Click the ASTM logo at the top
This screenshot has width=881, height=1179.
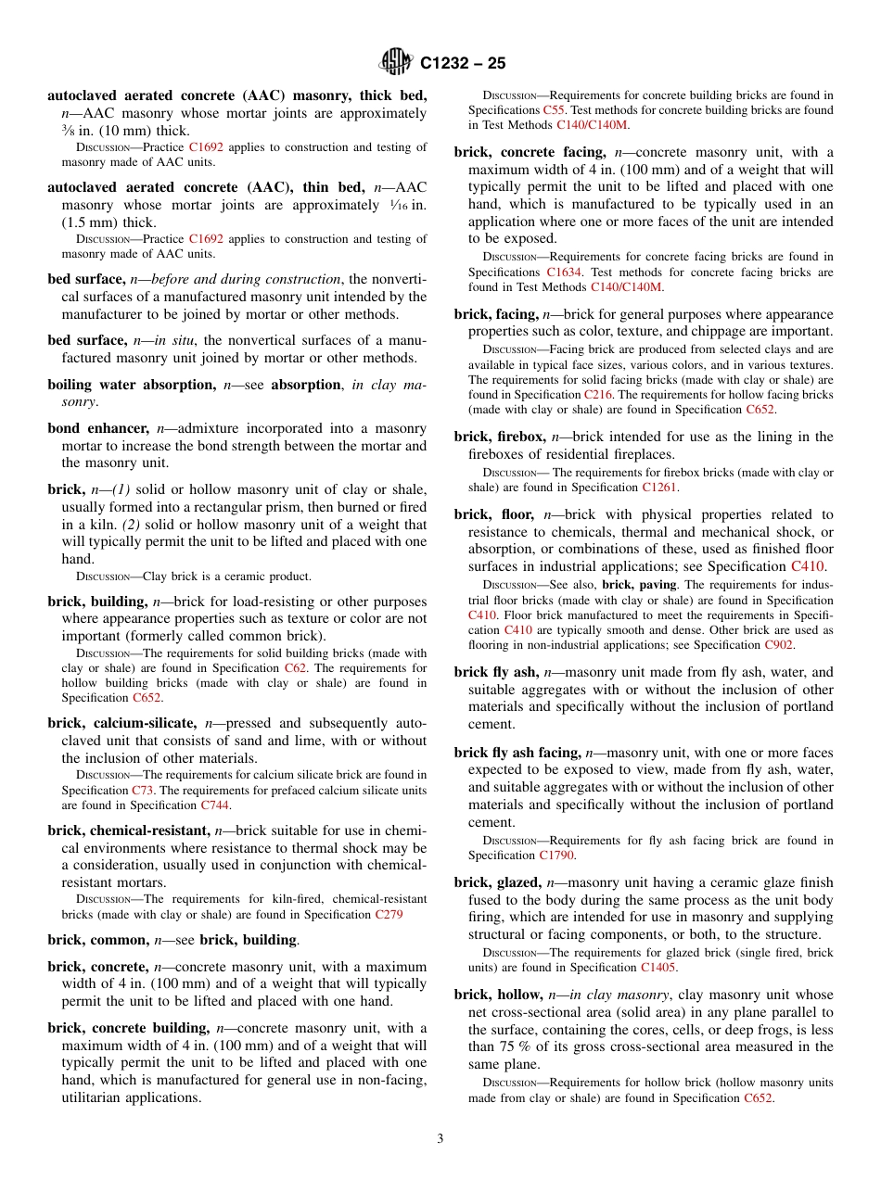pyautogui.click(x=396, y=63)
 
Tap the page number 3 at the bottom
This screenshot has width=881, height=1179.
pyautogui.click(x=440, y=1138)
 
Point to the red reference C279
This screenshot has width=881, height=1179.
pyautogui.click(x=389, y=914)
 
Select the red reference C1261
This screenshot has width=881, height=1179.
pyautogui.click(x=659, y=487)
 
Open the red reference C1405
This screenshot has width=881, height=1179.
pyautogui.click(x=658, y=968)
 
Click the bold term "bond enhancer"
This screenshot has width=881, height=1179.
pyautogui.click(x=100, y=428)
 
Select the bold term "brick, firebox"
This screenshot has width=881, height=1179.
pyautogui.click(x=499, y=437)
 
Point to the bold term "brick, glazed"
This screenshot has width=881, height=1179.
pyautogui.click(x=497, y=882)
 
